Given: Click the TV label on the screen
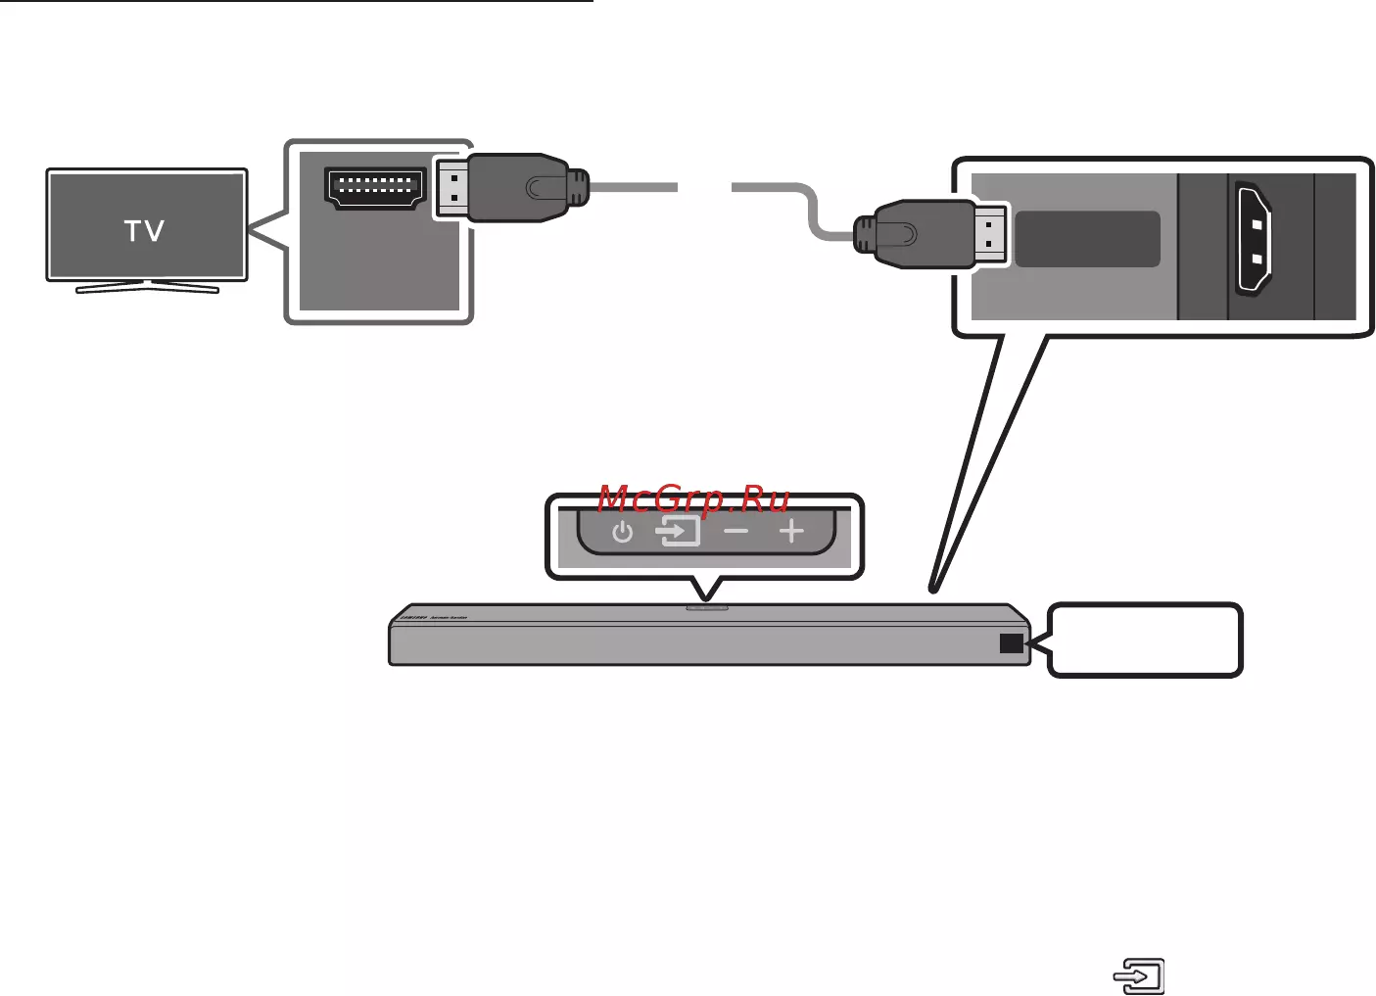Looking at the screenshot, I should (144, 231).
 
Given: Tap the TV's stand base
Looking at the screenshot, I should (147, 288).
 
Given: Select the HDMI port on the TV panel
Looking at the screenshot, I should (375, 186).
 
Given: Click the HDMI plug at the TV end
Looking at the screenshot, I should (519, 187).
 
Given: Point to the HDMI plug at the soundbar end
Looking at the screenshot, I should (916, 234).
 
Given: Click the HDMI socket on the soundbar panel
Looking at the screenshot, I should (1253, 238).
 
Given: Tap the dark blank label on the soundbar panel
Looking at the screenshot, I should (1087, 239).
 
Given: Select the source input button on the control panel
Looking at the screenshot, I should (679, 532).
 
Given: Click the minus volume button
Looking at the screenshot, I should (735, 532).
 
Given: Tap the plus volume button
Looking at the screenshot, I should (791, 532).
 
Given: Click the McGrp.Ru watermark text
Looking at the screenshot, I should (693, 498).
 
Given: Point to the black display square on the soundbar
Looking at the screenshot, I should (1012, 643).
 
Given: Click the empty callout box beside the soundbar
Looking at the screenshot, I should (1145, 640).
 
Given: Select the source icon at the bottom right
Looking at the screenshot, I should (1139, 976).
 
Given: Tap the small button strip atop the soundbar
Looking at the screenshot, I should (707, 606).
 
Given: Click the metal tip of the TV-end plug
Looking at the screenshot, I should (450, 188).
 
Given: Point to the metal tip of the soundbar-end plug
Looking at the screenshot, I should (991, 234).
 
